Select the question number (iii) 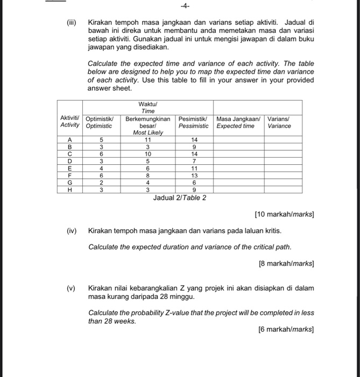point(72,23)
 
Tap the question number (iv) point(72,231)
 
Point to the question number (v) point(71,288)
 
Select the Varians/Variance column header point(279,122)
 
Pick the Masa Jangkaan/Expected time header point(238,122)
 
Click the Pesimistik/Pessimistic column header point(194,122)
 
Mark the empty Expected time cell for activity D point(238,160)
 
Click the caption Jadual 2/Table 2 point(180,198)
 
